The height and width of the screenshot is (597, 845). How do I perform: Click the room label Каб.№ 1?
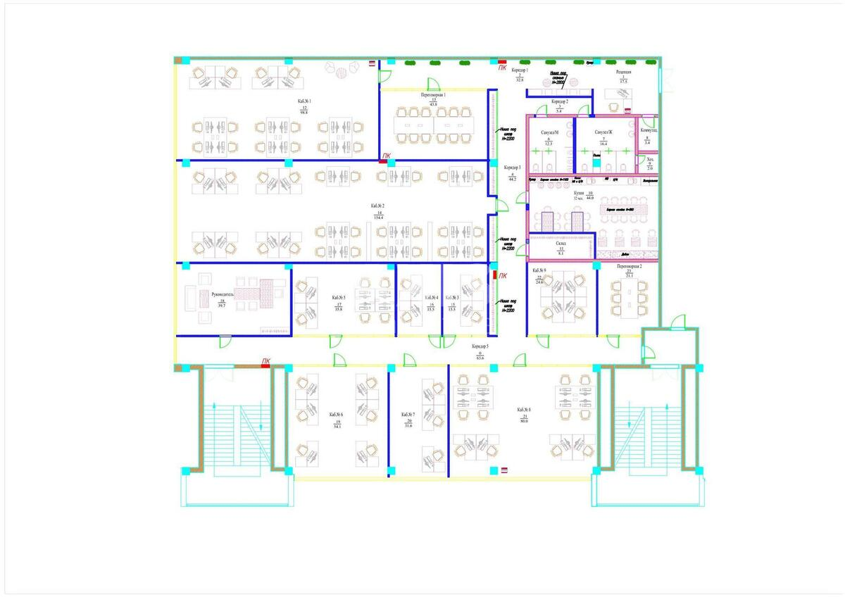[304, 101]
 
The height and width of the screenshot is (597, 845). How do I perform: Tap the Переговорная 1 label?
[433, 94]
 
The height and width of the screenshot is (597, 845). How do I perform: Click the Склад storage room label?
[561, 243]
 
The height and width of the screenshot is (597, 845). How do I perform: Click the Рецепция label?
[623, 72]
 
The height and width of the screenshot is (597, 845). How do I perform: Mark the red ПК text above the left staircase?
[265, 361]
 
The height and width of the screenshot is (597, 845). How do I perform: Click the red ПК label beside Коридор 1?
[502, 68]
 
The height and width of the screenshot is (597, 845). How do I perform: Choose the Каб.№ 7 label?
[408, 415]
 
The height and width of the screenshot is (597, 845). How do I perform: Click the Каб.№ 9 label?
[539, 270]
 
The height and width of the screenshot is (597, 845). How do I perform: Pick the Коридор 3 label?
[512, 168]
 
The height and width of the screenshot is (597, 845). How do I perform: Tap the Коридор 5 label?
[480, 348]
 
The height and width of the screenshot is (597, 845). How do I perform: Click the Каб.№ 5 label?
[339, 298]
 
